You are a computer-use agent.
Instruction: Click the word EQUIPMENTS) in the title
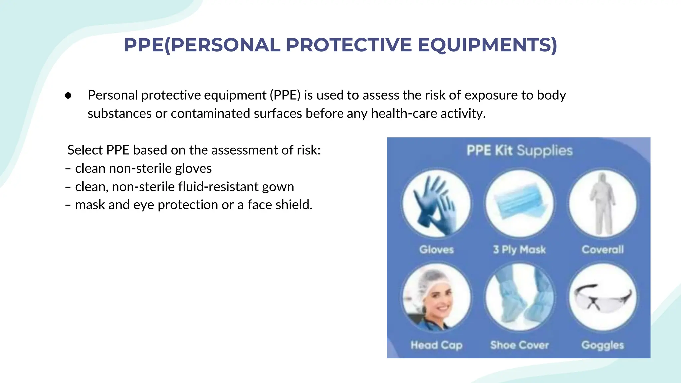coord(487,45)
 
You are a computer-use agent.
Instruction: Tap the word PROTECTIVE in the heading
coord(348,45)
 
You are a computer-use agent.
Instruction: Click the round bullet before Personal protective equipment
coord(68,96)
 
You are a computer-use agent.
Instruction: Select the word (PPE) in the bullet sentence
coord(285,95)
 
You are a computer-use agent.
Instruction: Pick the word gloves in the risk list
coord(193,169)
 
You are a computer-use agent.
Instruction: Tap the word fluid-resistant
coord(218,187)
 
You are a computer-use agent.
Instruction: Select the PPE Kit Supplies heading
coord(519,150)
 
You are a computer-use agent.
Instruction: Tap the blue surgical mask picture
coord(519,203)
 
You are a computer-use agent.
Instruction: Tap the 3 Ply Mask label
coord(519,249)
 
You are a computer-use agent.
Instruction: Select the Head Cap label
coord(436,345)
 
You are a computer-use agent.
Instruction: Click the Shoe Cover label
coord(519,345)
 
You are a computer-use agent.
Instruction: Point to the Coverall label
coord(603,249)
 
